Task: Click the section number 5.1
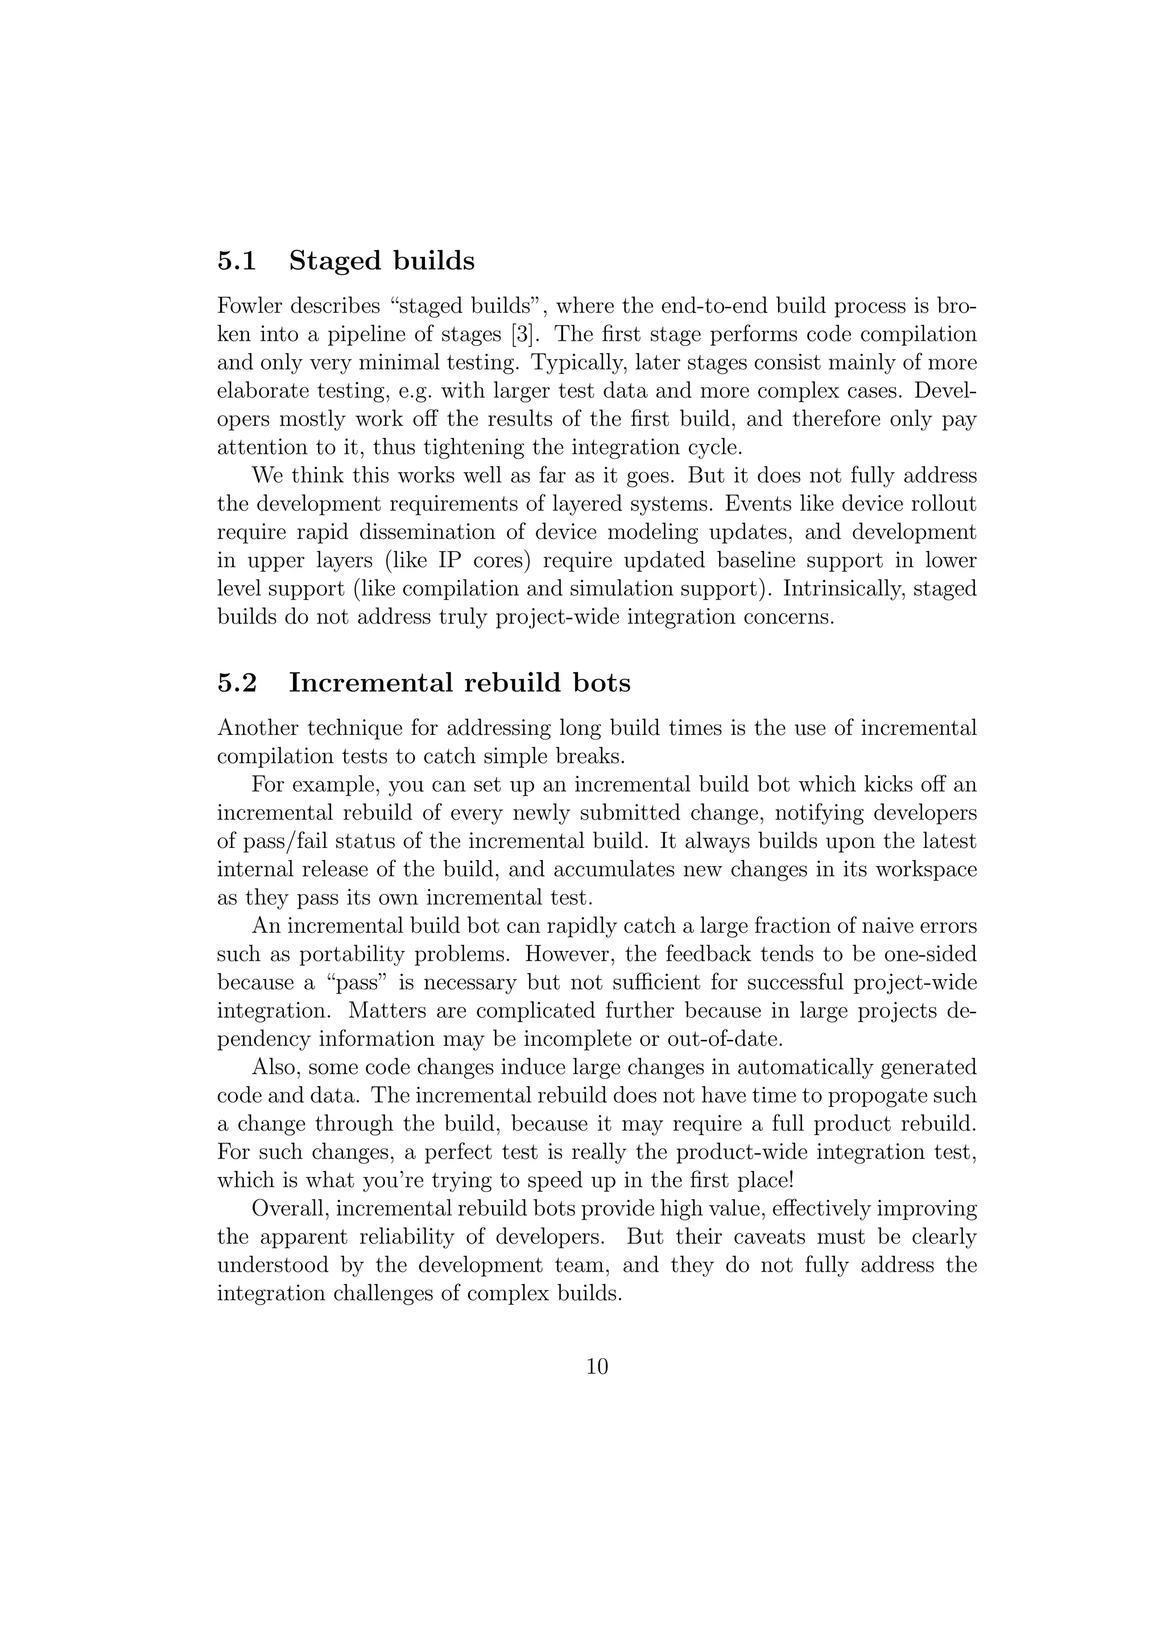coord(237,261)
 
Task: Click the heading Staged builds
coord(382,261)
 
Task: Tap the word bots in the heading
coord(601,682)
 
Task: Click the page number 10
coord(597,1367)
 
